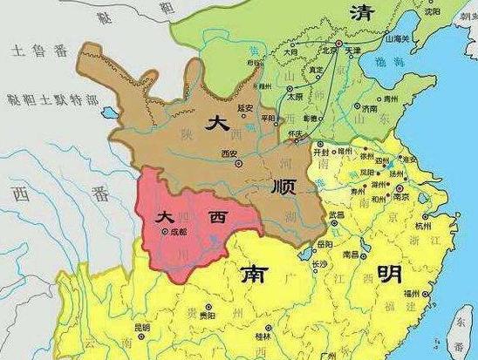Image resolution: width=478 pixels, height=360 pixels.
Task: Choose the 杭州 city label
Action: pos(423,225)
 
